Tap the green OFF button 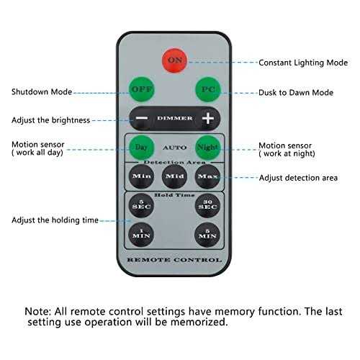click(x=141, y=89)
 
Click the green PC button click(x=208, y=89)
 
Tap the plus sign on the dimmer click(x=208, y=118)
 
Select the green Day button click(x=141, y=148)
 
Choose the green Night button click(x=208, y=148)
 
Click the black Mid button click(x=174, y=176)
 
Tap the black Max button click(x=208, y=176)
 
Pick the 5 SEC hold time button click(x=141, y=205)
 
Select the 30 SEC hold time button click(x=208, y=205)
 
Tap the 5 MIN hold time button click(x=207, y=235)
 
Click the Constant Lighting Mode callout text click(x=303, y=63)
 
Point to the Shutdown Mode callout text click(x=42, y=92)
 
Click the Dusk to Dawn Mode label click(x=296, y=93)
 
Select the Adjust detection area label click(x=298, y=178)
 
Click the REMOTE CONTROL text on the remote click(x=174, y=260)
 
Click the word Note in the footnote click(x=37, y=312)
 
